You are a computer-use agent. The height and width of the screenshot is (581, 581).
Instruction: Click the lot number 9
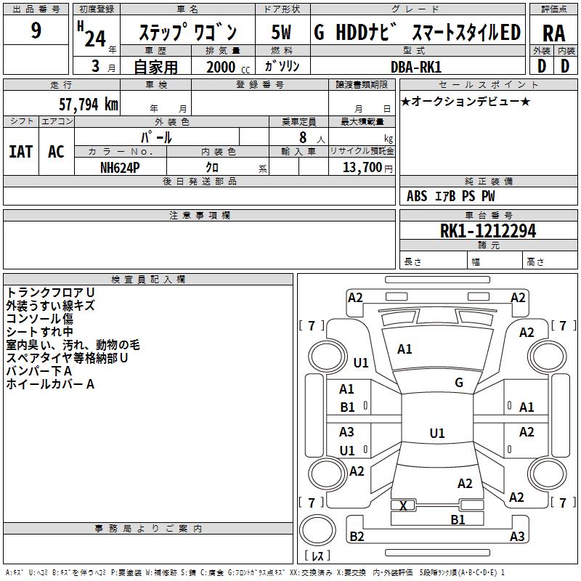coord(36,31)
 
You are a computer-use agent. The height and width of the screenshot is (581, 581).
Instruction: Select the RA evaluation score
coord(553,33)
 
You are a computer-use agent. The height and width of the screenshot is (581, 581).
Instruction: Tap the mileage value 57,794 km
coord(88,105)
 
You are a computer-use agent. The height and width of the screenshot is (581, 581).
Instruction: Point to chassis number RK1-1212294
coord(488,232)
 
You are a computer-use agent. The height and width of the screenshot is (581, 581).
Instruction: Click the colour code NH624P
coord(120,167)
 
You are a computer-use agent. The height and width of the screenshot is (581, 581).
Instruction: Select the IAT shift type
coord(20,152)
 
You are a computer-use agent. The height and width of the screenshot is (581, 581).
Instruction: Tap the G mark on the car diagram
coord(459,383)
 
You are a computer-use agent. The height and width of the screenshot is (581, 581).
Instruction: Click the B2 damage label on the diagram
coord(357,537)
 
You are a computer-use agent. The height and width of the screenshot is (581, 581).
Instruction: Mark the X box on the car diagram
coord(404,505)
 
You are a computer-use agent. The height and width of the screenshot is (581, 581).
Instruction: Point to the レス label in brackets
coord(317,557)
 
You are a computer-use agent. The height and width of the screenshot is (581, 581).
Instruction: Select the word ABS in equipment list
coord(417,196)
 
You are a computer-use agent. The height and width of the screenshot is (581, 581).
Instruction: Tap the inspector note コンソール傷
coord(39,318)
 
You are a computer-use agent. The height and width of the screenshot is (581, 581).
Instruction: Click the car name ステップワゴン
coord(187,33)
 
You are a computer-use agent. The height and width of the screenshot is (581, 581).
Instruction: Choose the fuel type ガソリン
coord(283,66)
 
